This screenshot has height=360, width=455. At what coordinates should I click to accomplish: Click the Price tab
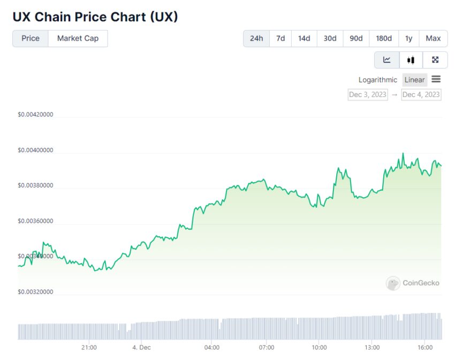(31, 39)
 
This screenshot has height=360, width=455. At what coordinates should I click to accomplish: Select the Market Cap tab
(78, 39)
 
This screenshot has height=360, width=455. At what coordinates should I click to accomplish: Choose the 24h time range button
(256, 39)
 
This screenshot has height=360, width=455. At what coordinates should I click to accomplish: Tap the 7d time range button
(280, 39)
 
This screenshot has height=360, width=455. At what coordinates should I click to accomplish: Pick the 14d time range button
(304, 39)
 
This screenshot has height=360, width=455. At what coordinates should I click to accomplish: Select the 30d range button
(330, 39)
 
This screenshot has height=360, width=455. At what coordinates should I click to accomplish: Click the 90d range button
(356, 39)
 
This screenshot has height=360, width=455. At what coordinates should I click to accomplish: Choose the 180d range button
(384, 39)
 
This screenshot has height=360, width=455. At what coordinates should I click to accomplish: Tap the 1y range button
(409, 39)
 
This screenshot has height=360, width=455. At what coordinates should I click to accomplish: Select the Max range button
(433, 39)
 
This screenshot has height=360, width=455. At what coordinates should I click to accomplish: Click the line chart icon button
(387, 60)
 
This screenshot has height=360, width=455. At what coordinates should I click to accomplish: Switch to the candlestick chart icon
(411, 60)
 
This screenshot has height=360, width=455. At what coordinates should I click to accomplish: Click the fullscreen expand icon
(435, 60)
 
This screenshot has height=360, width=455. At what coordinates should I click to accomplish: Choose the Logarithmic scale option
(378, 80)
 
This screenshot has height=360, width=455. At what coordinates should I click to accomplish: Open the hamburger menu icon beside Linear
(436, 79)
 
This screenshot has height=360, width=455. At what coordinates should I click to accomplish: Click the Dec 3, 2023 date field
(368, 95)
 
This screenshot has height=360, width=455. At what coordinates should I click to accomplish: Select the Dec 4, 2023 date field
(421, 95)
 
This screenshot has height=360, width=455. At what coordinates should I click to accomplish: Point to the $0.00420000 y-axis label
(35, 115)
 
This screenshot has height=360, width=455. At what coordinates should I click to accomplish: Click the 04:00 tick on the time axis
(212, 347)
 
